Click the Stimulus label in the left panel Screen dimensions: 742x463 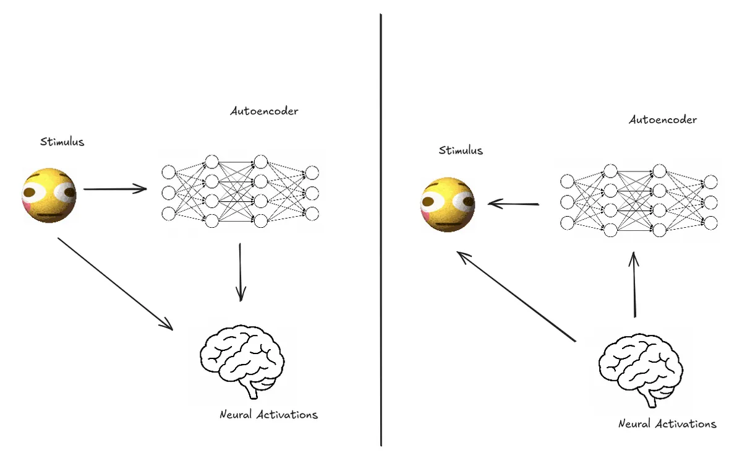[x=62, y=142]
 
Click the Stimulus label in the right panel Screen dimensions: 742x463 [x=461, y=150]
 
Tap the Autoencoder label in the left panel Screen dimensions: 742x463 [x=264, y=111]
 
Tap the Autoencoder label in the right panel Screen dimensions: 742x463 [x=662, y=119]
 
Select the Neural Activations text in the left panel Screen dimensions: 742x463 [x=268, y=414]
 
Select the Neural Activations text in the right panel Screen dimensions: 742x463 [x=667, y=423]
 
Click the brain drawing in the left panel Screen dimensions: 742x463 [x=242, y=361]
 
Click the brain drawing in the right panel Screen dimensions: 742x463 [x=641, y=370]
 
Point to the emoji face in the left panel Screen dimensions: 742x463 [x=49, y=196]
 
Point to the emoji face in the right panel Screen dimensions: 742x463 [x=448, y=204]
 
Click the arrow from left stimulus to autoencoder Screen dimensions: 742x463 [x=115, y=189]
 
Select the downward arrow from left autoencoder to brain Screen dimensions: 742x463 [x=241, y=272]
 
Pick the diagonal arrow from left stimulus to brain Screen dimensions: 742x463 [x=115, y=284]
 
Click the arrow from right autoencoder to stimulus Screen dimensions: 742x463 [x=513, y=204]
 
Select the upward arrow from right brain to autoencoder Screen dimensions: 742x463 [x=634, y=285]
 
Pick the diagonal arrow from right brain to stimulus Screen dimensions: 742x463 [x=516, y=296]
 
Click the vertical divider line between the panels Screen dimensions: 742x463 [x=381, y=230]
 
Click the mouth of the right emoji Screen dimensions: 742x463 [x=449, y=225]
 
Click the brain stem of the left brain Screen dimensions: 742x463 [x=253, y=392]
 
